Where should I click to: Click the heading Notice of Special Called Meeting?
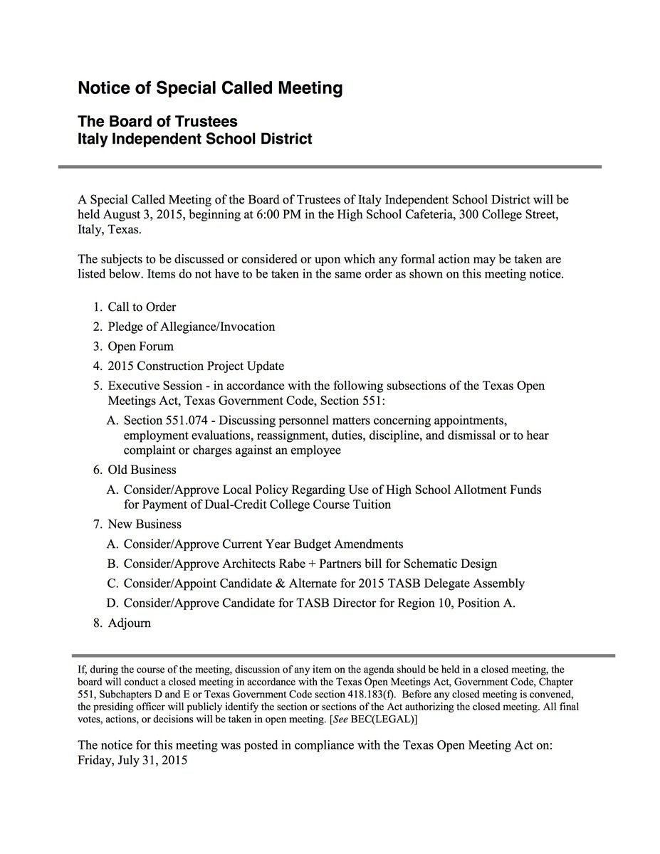pos(210,88)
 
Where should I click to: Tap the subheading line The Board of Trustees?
pos(157,122)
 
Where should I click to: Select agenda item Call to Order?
pos(142,307)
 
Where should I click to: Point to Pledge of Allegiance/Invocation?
pos(191,327)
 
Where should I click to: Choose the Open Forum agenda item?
pos(140,347)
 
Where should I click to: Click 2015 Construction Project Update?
pos(196,366)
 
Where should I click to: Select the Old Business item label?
pos(142,470)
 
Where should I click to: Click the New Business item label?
pos(145,524)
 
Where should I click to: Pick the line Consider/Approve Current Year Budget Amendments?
pos(263,544)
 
